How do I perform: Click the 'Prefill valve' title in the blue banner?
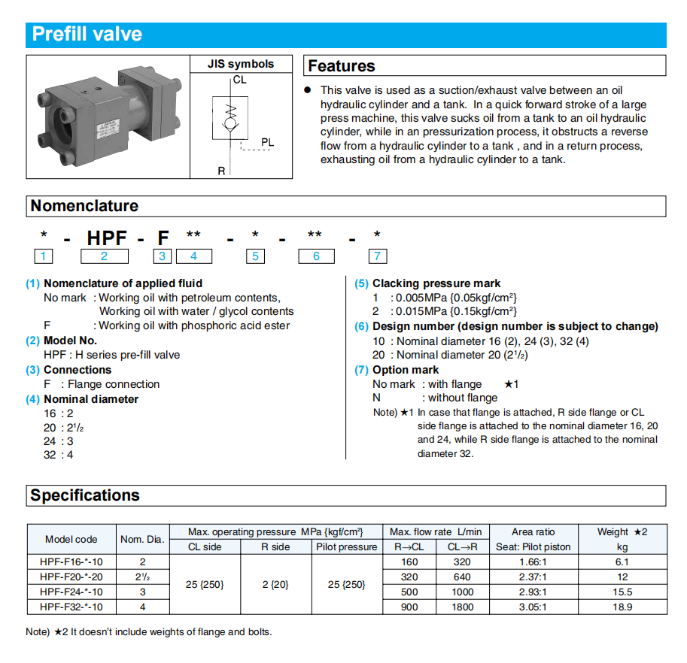click(x=87, y=35)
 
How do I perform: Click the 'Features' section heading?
click(x=341, y=66)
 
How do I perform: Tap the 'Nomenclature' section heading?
click(x=84, y=206)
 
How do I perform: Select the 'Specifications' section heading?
click(x=85, y=495)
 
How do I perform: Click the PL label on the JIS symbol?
click(x=268, y=142)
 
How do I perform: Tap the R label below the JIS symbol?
click(x=221, y=171)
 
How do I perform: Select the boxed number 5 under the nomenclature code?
click(x=256, y=256)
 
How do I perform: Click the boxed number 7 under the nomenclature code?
click(x=377, y=256)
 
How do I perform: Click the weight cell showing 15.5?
click(x=622, y=592)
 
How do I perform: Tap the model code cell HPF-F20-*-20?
click(x=71, y=577)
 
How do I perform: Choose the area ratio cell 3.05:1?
click(x=533, y=607)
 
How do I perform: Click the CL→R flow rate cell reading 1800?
click(x=462, y=607)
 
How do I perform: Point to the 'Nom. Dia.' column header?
click(x=142, y=539)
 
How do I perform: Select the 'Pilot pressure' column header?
click(x=347, y=547)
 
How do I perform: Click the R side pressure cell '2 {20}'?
click(x=275, y=584)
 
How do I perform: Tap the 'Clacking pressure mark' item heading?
click(x=436, y=283)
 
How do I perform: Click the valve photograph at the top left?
click(x=105, y=117)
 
